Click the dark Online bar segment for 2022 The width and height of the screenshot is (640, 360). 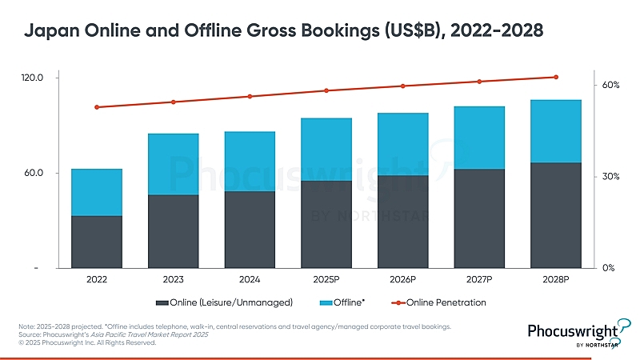click(97, 242)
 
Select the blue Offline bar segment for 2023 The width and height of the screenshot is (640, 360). click(174, 164)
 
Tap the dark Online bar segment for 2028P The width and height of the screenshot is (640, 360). click(556, 215)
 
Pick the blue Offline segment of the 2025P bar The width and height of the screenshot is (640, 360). click(326, 150)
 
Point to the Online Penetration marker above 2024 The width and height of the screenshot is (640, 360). click(250, 97)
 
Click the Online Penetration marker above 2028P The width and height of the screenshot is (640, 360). click(556, 77)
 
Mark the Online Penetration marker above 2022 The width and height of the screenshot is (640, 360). click(97, 107)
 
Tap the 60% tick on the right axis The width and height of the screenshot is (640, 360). click(611, 85)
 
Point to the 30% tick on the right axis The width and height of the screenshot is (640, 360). click(611, 176)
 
